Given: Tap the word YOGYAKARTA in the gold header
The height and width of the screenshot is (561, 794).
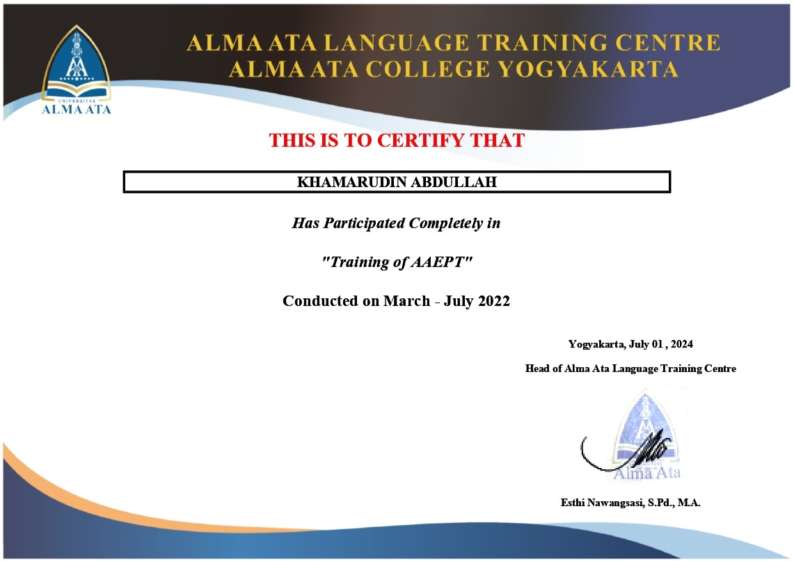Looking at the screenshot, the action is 587,70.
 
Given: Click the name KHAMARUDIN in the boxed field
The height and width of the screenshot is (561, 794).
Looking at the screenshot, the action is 353,182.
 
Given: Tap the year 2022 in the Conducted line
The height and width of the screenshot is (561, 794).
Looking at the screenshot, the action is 493,301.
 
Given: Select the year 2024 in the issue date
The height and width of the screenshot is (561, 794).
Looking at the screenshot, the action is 681,344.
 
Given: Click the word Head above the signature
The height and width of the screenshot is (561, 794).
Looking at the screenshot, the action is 537,368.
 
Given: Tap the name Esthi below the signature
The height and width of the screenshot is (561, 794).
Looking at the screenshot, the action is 572,503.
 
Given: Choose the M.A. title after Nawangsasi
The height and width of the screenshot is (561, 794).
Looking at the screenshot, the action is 689,503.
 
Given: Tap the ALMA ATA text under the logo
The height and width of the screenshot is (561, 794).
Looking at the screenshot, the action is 76,109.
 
